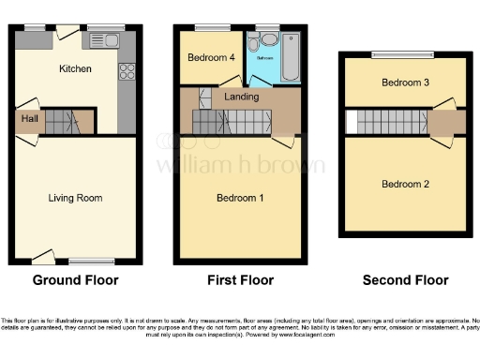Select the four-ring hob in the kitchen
pyautogui.click(x=127, y=73)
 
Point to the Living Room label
pyautogui.click(x=75, y=198)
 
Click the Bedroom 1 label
pyautogui.click(x=240, y=198)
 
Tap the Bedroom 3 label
pyautogui.click(x=405, y=82)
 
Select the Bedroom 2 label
pyautogui.click(x=405, y=184)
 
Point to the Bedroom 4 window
pyautogui.click(x=207, y=27)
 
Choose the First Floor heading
pyautogui.click(x=240, y=279)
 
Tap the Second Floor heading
pyautogui.click(x=406, y=279)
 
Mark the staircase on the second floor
pyautogui.click(x=388, y=123)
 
